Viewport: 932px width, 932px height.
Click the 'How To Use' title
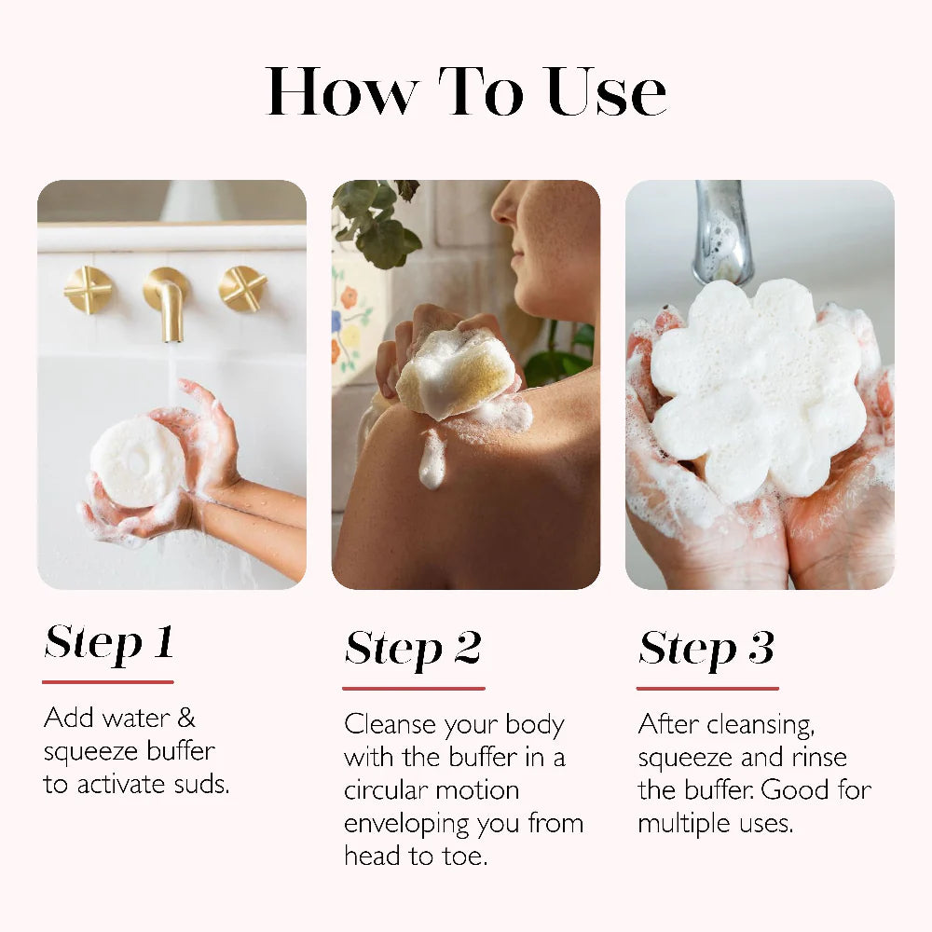(x=466, y=92)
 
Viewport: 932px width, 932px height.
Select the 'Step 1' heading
(x=109, y=643)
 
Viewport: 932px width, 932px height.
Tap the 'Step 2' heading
(x=413, y=649)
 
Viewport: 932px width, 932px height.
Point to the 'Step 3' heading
(x=706, y=649)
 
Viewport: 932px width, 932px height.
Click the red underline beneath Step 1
(x=108, y=682)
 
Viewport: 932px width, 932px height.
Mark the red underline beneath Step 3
(x=707, y=689)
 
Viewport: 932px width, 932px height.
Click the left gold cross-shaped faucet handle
(x=89, y=290)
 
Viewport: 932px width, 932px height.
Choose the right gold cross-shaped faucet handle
(x=242, y=289)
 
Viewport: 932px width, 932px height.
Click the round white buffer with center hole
(x=138, y=461)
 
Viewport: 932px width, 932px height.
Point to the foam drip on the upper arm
(x=432, y=459)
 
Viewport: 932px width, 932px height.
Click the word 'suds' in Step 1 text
(x=198, y=784)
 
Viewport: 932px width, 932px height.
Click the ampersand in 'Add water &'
(x=185, y=718)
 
